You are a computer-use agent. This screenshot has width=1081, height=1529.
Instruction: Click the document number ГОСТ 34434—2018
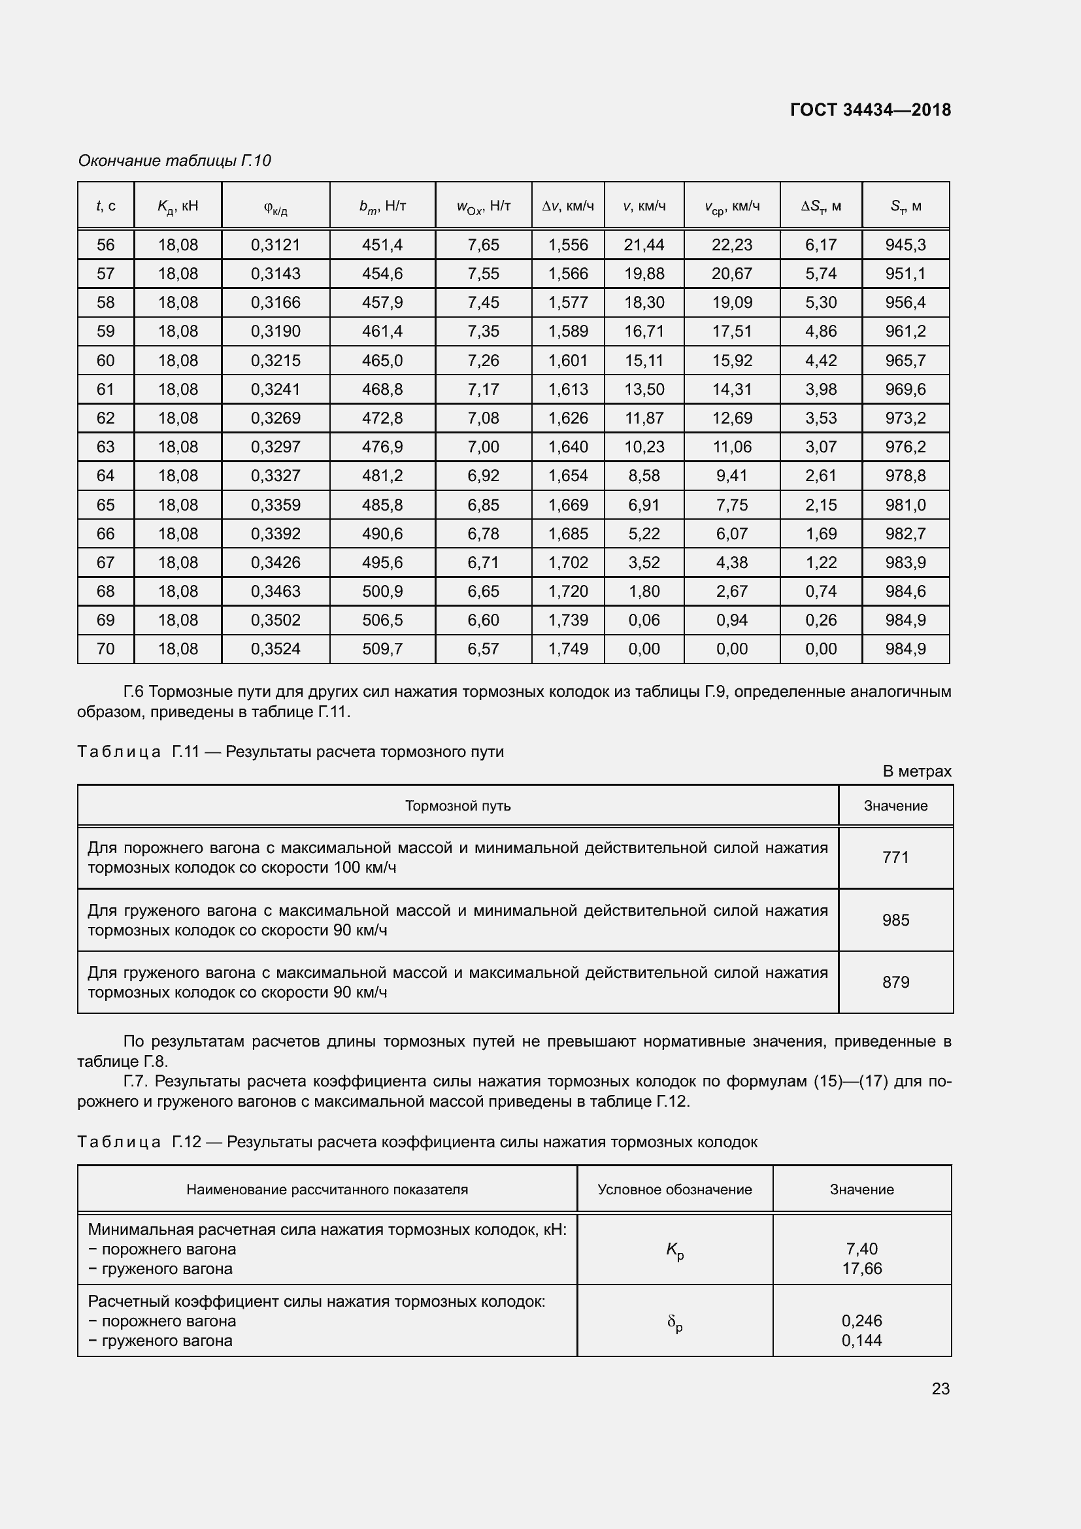coord(870,110)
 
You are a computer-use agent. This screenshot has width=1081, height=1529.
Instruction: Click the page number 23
coord(940,1388)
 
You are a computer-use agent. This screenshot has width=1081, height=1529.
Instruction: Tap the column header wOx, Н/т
coord(483,207)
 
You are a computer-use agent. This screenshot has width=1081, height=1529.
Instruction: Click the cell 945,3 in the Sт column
coord(905,245)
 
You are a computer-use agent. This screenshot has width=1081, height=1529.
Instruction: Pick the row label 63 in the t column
coord(106,447)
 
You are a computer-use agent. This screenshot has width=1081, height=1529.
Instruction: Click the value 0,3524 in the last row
coord(276,648)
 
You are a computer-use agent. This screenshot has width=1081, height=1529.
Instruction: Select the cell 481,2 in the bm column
coord(382,475)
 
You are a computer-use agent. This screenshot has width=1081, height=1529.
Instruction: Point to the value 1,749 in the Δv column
coord(568,648)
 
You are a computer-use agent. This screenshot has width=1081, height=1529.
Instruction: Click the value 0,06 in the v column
coord(644,620)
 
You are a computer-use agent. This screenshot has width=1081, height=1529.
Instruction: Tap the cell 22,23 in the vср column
coord(731,245)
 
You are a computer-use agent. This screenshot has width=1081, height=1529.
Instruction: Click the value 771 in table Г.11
coord(895,857)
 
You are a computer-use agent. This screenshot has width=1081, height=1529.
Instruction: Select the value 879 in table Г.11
coord(895,983)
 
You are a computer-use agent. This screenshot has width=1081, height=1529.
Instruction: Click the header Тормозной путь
coord(458,806)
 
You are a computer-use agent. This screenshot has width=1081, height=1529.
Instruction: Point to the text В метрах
coord(916,771)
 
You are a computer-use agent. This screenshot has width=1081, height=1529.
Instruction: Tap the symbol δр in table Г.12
coord(675,1323)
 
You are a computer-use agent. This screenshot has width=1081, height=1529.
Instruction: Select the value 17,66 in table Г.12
coord(862,1269)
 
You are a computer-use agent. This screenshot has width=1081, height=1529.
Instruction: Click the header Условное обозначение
coord(674,1189)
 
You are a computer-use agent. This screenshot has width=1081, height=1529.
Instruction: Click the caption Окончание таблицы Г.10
coord(175,161)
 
